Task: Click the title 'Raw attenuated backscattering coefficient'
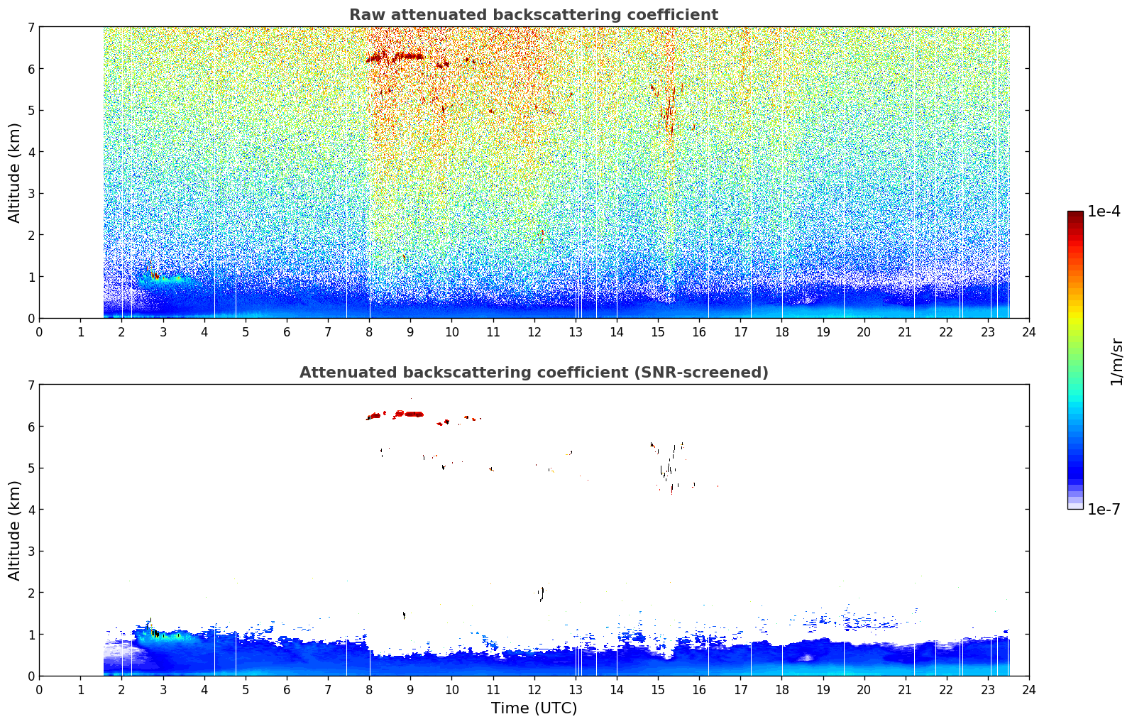pos(534,15)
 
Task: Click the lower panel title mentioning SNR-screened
pos(534,373)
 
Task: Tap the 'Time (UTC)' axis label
pos(534,708)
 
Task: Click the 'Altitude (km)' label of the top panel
pos(14,173)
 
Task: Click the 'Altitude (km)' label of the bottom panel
pos(14,530)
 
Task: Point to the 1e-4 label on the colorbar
pos(1104,212)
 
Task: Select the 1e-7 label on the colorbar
pos(1104,509)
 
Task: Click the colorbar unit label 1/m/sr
pos(1116,362)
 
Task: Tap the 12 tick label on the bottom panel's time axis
pos(534,690)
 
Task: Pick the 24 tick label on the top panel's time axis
pos(1029,332)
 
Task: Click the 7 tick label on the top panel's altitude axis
pos(31,27)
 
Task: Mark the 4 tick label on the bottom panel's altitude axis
pos(31,510)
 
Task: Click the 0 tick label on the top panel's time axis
pos(40,332)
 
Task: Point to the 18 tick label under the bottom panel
pos(782,690)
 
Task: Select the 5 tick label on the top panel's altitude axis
pos(31,110)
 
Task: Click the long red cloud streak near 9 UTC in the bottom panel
pos(409,414)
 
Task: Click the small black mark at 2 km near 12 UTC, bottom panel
pos(542,594)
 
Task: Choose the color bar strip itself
pos(1075,360)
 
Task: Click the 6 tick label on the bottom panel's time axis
pos(287,690)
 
